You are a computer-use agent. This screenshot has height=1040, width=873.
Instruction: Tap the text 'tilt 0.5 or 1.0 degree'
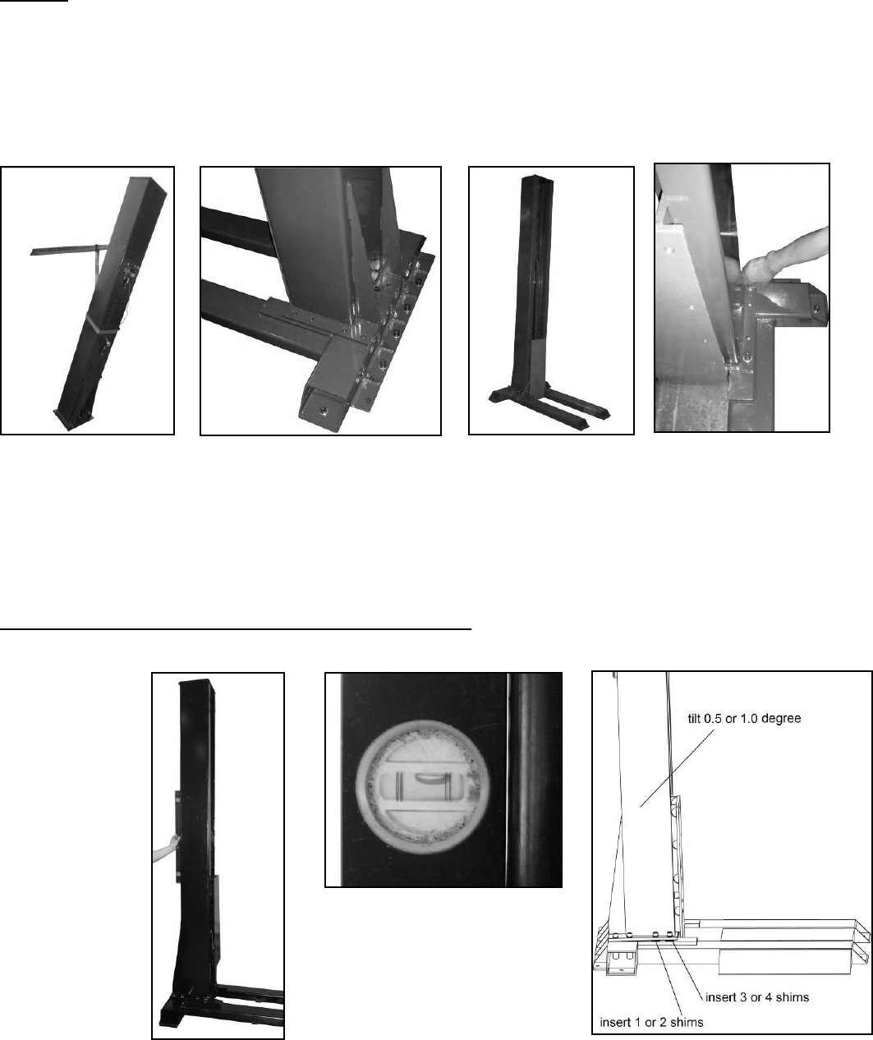pyautogui.click(x=744, y=719)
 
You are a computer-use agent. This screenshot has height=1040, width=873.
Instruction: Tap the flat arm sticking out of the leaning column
pyautogui.click(x=64, y=251)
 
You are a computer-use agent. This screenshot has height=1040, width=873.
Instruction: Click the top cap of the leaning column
pyautogui.click(x=149, y=186)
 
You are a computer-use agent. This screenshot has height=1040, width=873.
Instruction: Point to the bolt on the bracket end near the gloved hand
pyautogui.click(x=816, y=306)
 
